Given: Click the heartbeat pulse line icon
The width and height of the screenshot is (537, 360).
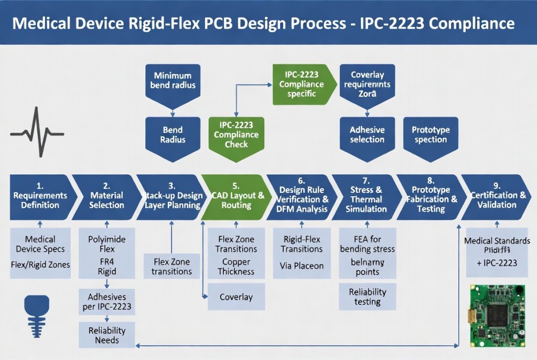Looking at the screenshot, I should (x=37, y=132).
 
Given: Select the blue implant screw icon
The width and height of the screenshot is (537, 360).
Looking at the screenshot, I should (x=37, y=314).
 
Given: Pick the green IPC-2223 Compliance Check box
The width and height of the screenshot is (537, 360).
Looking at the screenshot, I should (x=236, y=135).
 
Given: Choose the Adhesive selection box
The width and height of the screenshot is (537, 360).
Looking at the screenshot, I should (x=367, y=135).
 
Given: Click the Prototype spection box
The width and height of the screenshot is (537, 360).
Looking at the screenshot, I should (x=431, y=135).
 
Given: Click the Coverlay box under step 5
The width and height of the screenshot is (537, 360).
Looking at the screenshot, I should (x=236, y=297).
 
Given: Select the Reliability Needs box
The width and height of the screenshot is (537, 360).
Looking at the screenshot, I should (x=106, y=335).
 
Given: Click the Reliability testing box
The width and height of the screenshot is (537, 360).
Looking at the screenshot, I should (x=367, y=297).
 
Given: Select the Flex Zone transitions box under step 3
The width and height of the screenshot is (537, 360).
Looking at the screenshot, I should (x=171, y=266).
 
